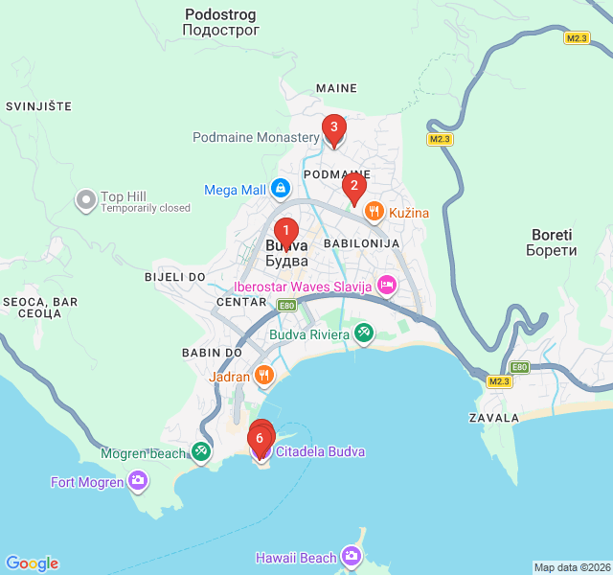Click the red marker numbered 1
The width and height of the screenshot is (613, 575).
285,231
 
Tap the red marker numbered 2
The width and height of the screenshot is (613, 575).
354,186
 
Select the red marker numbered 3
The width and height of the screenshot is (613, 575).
333,126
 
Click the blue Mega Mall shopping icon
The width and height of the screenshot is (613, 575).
280,190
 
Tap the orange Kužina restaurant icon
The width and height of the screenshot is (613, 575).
375,212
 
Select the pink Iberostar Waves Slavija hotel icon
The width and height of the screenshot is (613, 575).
386,285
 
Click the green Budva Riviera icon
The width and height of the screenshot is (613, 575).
363,334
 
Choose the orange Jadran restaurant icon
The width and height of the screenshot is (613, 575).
264,376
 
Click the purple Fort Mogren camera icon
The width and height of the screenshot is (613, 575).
139,481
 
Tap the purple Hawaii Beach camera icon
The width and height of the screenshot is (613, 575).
352,557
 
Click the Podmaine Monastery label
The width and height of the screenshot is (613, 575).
256,138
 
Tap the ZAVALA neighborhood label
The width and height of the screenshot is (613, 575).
494,418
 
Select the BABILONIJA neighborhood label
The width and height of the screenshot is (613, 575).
361,244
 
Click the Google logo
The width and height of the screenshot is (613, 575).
32,563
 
